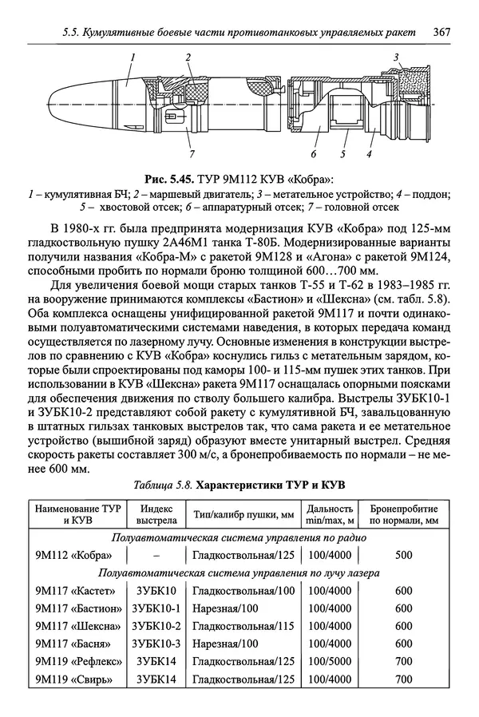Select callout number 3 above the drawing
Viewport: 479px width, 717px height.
[x=395, y=57]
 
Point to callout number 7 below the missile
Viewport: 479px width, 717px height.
[x=191, y=153]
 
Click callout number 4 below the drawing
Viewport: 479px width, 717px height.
[x=370, y=153]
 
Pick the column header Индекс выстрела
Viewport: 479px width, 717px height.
[x=156, y=514]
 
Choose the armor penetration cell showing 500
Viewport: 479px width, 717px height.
[x=403, y=555]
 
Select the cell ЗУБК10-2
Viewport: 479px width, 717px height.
[x=156, y=626]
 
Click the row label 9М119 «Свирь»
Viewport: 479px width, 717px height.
[x=73, y=679]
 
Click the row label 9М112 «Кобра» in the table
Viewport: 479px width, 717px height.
[x=73, y=555]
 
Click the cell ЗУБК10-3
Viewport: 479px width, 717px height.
[x=156, y=644]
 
